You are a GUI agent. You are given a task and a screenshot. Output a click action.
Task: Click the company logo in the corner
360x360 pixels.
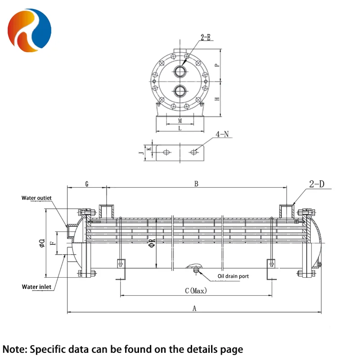29,29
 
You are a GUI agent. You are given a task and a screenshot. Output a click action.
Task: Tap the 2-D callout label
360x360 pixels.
317,184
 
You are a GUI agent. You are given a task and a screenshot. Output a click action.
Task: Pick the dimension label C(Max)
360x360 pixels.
195,291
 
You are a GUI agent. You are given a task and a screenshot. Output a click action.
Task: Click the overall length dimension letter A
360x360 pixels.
194,308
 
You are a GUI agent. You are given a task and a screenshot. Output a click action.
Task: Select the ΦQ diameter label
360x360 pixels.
42,243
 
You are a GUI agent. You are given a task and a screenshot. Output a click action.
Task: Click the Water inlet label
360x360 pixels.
36,287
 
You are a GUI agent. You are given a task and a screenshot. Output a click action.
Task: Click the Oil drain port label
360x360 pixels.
233,276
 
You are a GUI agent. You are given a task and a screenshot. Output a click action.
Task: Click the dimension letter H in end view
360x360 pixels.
216,99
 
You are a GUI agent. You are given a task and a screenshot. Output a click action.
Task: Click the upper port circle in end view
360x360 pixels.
180,71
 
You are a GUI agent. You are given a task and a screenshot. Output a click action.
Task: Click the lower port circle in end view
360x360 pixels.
180,90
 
